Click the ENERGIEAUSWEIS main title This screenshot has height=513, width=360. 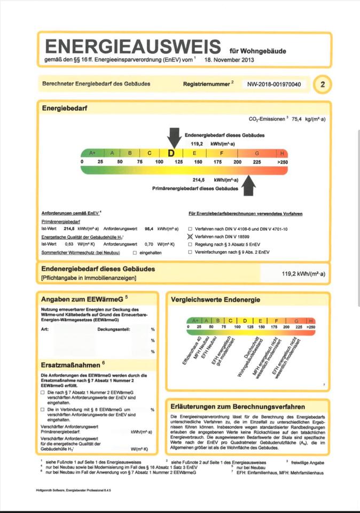pos(132,46)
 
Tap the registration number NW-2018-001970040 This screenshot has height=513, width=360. pos(274,84)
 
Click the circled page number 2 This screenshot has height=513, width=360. pos(322,84)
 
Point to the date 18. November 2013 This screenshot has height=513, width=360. pos(229,60)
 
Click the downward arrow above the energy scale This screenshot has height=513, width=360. pos(174,138)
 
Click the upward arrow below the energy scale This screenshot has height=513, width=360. pos(249,185)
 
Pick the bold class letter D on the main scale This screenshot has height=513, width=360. pos(171,153)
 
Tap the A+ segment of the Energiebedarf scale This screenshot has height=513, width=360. pos(92,153)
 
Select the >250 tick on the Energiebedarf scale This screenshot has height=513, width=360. pos(283,161)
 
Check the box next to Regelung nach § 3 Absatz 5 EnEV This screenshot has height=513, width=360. pos(190,243)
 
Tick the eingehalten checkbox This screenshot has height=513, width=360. pos(135,252)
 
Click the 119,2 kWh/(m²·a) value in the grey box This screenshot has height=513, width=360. pos(303,274)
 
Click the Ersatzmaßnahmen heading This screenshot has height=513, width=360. pos(73,364)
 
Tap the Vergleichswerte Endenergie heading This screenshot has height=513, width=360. pos(215,300)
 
